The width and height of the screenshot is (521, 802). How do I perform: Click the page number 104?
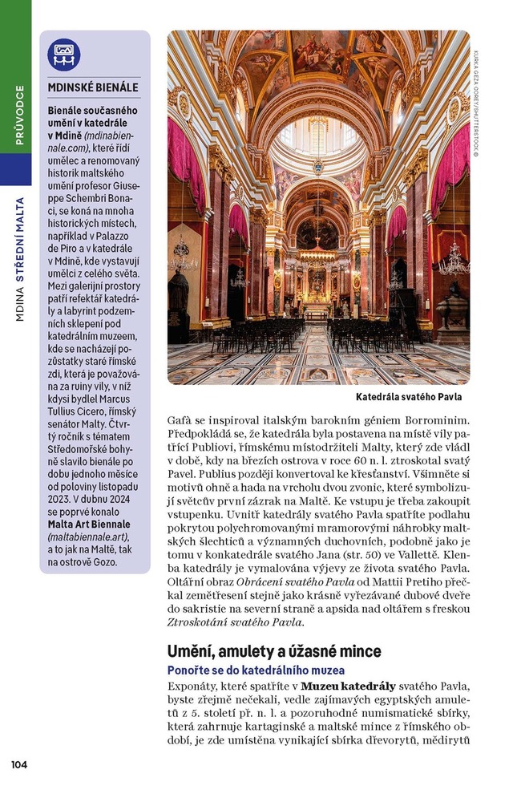coord(19,764)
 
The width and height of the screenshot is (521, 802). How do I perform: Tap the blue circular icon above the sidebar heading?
coord(64,55)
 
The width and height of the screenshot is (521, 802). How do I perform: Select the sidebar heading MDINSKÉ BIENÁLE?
coord(93,87)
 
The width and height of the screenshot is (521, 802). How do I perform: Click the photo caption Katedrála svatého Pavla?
coord(409,397)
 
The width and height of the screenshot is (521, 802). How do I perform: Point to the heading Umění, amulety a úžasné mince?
coord(274,651)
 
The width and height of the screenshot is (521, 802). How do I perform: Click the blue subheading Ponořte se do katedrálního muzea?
coord(256,670)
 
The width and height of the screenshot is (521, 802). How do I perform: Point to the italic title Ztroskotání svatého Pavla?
coord(235,622)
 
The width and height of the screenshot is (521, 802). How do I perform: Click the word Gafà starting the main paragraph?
coord(180,420)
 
